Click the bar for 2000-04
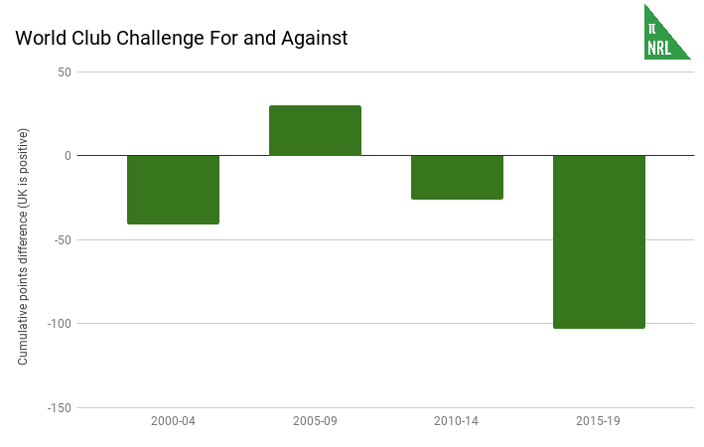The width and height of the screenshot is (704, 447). (173, 190)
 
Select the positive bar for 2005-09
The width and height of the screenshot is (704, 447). (315, 130)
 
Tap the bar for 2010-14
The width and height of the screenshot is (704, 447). (457, 177)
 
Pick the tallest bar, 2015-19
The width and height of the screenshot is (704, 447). (599, 241)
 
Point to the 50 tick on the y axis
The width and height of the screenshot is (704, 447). (64, 72)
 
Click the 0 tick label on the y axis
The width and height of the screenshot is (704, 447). (67, 156)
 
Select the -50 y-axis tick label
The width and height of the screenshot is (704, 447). (62, 239)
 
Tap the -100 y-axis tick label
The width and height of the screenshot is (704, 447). (59, 324)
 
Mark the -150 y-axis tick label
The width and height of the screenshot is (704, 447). (59, 407)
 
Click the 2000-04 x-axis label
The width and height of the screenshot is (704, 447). (173, 421)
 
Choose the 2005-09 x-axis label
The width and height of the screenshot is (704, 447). (315, 421)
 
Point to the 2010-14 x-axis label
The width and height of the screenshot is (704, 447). (457, 421)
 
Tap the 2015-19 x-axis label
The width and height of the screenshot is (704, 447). (599, 421)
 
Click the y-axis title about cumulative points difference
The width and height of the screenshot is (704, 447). (23, 246)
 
